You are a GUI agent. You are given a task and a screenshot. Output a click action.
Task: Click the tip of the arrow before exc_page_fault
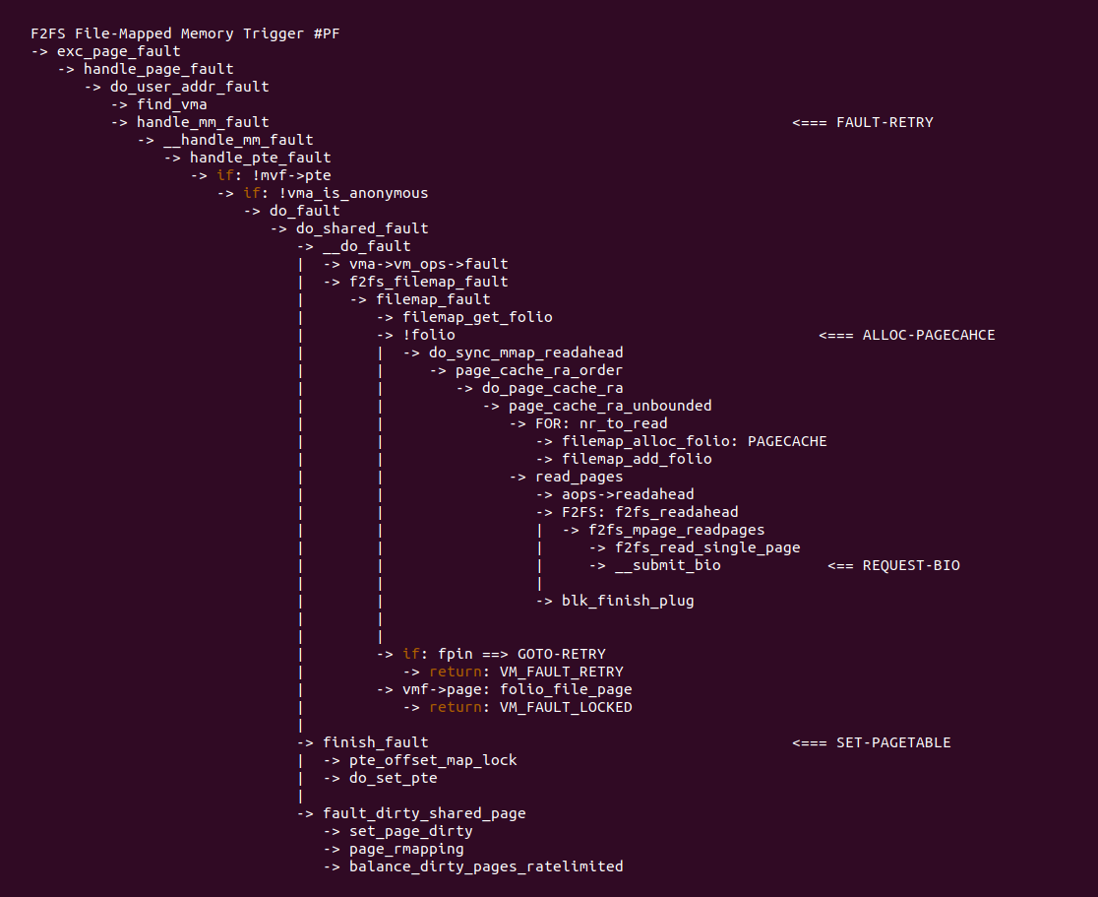pyautogui.click(x=48, y=52)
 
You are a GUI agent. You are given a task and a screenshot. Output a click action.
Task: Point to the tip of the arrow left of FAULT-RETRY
pyautogui.click(x=793, y=123)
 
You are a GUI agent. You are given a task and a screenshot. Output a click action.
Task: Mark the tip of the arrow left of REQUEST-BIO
pyautogui.click(x=828, y=566)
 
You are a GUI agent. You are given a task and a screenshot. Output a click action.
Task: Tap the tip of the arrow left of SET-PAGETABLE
pyautogui.click(x=793, y=743)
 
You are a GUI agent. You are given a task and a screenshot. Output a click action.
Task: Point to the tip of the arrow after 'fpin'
pyautogui.click(x=508, y=655)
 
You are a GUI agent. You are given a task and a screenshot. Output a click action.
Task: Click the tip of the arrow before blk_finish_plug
pyautogui.click(x=553, y=602)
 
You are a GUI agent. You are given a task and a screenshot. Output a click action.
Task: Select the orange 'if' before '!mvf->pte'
pyautogui.click(x=225, y=175)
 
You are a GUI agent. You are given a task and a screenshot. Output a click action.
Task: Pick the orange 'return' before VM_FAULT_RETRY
pyautogui.click(x=456, y=673)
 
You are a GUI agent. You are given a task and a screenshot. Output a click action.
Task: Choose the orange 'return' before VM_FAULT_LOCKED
pyautogui.click(x=456, y=708)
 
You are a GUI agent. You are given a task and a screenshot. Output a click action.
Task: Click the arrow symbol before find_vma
pyautogui.click(x=120, y=105)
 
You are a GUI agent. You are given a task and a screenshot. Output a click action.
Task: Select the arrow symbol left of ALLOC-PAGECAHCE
pyautogui.click(x=836, y=336)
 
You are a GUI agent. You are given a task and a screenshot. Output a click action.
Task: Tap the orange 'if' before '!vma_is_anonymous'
pyautogui.click(x=252, y=193)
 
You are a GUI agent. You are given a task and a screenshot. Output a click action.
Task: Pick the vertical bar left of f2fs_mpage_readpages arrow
pyautogui.click(x=539, y=531)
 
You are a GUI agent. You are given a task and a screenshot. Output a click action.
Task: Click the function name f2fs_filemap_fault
pyautogui.click(x=429, y=282)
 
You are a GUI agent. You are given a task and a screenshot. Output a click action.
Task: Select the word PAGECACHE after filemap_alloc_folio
pyautogui.click(x=787, y=441)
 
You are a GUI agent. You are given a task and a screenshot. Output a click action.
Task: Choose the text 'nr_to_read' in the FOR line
pyautogui.click(x=623, y=424)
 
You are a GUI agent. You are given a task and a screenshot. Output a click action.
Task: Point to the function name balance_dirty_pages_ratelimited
pyautogui.click(x=486, y=866)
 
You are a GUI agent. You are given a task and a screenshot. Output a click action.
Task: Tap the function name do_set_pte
pyautogui.click(x=394, y=779)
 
